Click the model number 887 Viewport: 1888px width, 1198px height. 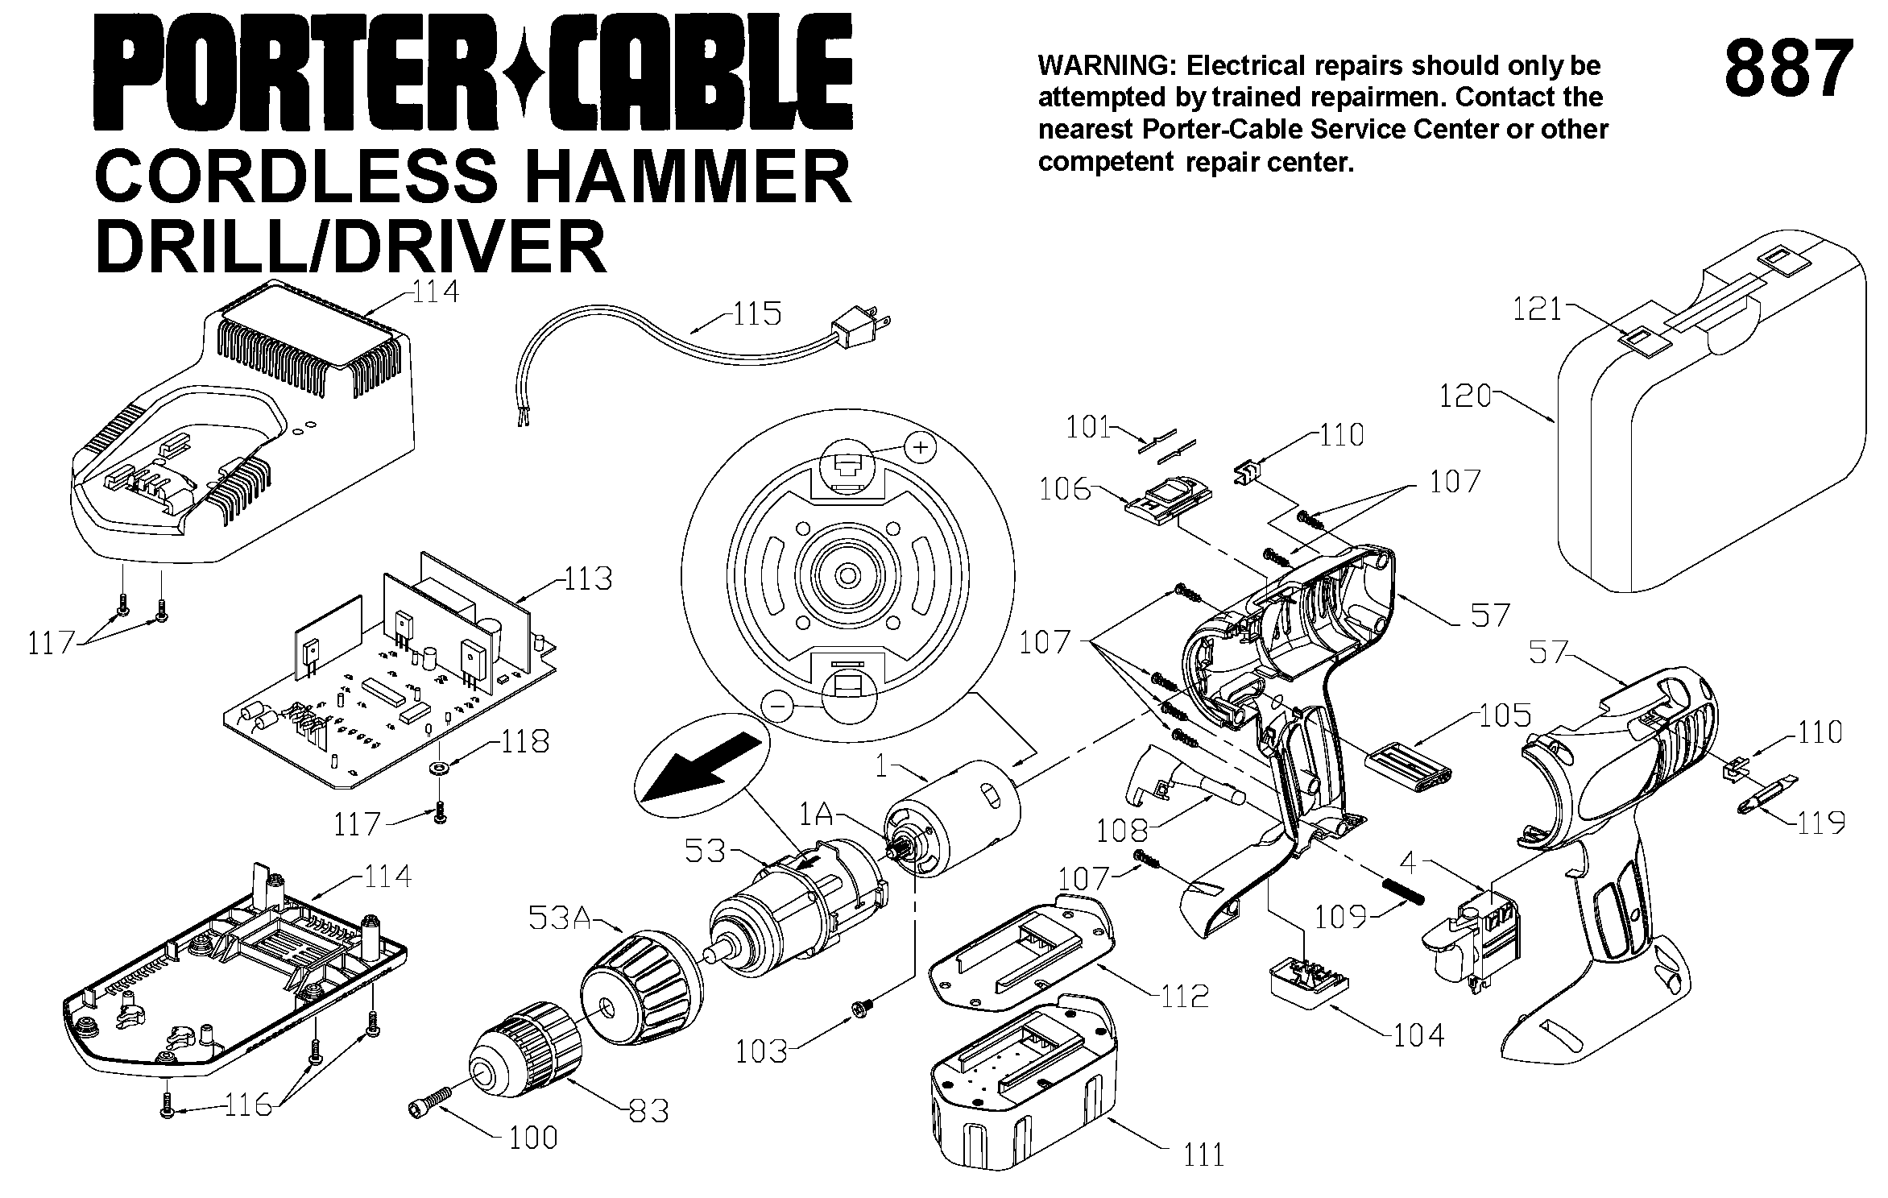click(x=1787, y=69)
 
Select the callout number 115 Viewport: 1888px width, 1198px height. click(x=756, y=314)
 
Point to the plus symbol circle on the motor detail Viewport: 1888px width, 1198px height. click(x=921, y=446)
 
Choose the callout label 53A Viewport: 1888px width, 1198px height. click(x=561, y=918)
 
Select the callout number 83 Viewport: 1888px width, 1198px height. click(x=649, y=1111)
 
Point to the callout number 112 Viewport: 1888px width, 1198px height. click(x=1185, y=997)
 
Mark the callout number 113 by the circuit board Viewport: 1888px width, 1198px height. click(x=588, y=578)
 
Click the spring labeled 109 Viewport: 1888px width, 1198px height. click(x=1405, y=891)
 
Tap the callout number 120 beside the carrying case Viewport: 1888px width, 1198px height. click(x=1465, y=396)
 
